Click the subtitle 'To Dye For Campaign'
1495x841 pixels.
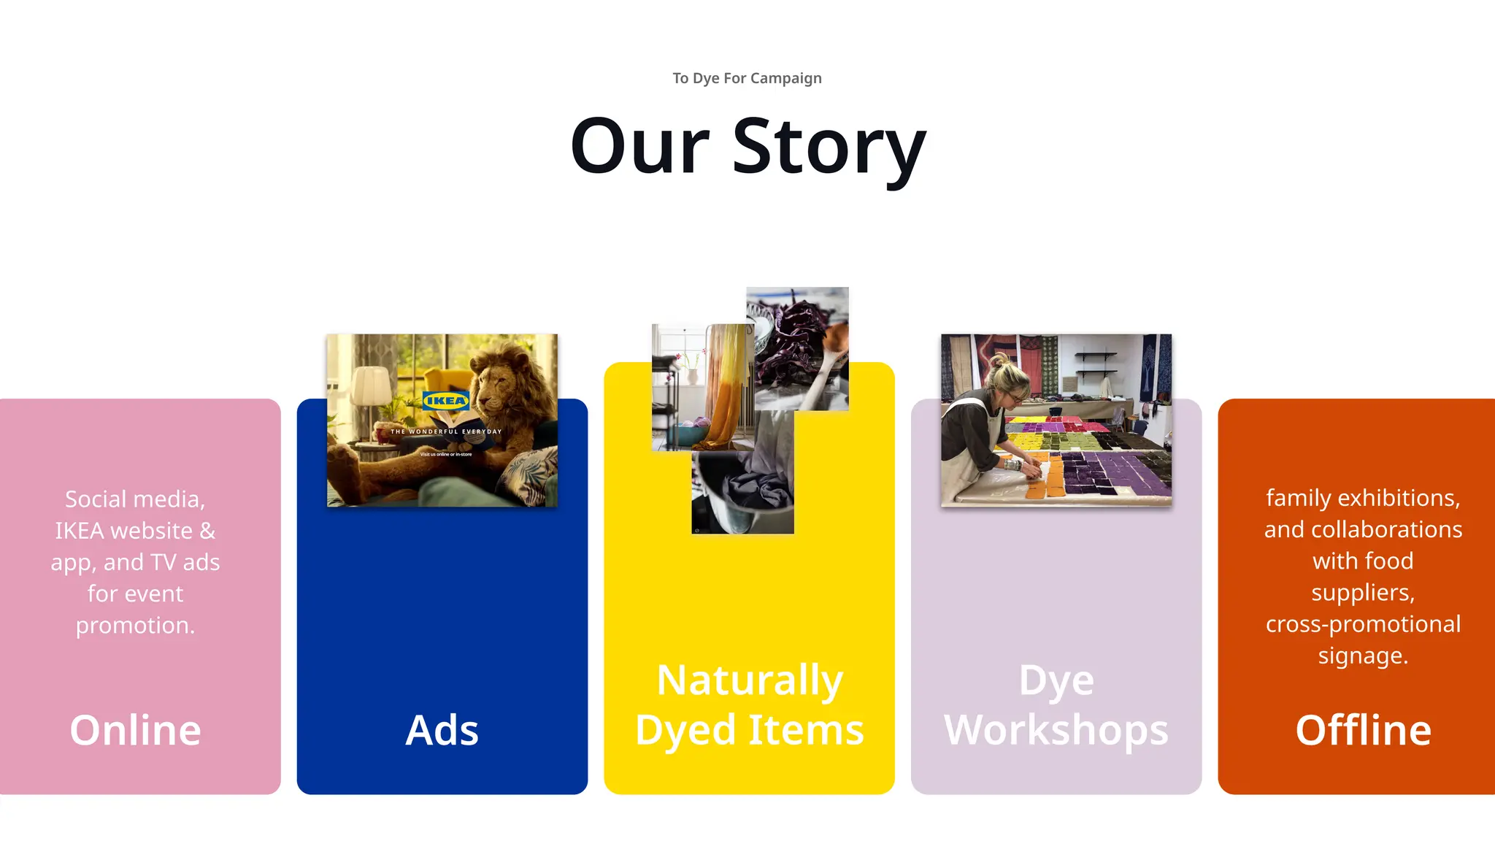point(747,78)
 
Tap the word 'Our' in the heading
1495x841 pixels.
point(639,147)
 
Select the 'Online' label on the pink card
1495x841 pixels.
point(135,729)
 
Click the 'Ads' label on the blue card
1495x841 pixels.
point(442,729)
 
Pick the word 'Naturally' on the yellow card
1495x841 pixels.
point(749,680)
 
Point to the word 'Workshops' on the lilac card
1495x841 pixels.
point(1056,729)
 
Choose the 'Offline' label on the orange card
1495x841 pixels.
point(1363,729)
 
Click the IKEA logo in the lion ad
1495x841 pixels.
point(445,400)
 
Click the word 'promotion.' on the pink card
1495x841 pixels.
point(135,626)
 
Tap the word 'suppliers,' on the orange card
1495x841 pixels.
point(1363,592)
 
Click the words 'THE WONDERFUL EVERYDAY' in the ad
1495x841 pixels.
point(446,431)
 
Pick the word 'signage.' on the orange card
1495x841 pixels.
point(1363,656)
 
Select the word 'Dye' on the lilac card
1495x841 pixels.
point(1056,680)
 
